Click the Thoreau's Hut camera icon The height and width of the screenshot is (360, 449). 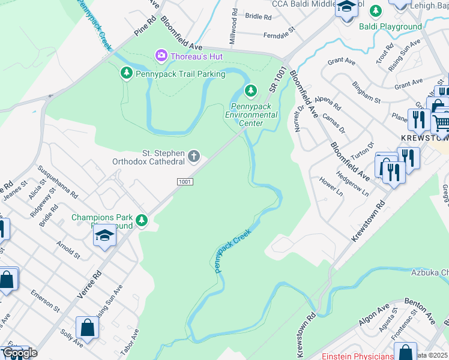[x=161, y=56]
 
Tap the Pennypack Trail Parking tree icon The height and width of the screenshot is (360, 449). [x=127, y=73]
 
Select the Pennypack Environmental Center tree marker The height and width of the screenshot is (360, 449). [x=251, y=91]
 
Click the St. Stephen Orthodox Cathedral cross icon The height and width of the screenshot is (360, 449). [x=193, y=157]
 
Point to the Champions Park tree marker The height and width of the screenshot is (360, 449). [x=142, y=220]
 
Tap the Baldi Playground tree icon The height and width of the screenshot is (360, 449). [x=375, y=11]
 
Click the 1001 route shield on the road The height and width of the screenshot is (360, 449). [x=184, y=181]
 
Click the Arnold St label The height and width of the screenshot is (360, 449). [x=68, y=250]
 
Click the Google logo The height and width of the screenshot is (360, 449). [x=20, y=353]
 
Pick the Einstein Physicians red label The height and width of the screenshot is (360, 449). [x=360, y=355]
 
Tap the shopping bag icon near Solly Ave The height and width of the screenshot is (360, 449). [x=88, y=328]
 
